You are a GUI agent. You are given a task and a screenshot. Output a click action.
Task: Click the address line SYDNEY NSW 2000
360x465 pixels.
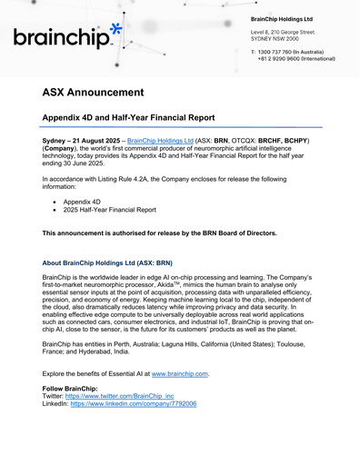coord(273,39)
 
